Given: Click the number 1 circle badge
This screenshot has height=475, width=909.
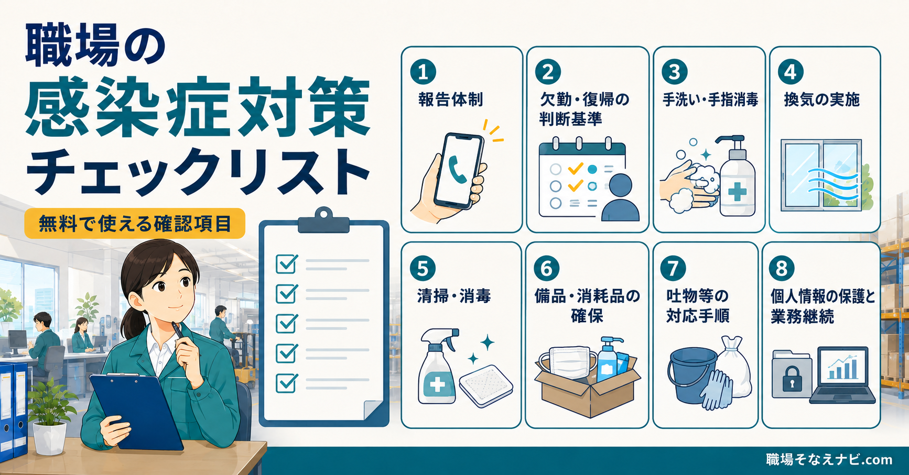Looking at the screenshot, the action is [x=423, y=72].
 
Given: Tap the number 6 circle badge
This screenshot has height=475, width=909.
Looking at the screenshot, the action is [x=547, y=269].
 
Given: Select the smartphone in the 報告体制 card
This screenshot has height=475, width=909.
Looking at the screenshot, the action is [x=459, y=171].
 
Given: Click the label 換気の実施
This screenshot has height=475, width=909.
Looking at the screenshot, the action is [x=821, y=100].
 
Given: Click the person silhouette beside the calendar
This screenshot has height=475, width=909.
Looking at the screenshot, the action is [x=620, y=197].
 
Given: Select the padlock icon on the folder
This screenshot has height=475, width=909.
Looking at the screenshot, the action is [x=792, y=379].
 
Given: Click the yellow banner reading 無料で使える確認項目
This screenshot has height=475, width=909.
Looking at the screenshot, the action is [x=135, y=224].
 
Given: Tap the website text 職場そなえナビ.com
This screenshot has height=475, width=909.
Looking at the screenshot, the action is [x=829, y=460].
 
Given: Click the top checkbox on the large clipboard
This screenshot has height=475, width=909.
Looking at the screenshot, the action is [x=286, y=263].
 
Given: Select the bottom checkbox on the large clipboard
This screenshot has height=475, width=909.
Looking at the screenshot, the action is [x=286, y=383].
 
